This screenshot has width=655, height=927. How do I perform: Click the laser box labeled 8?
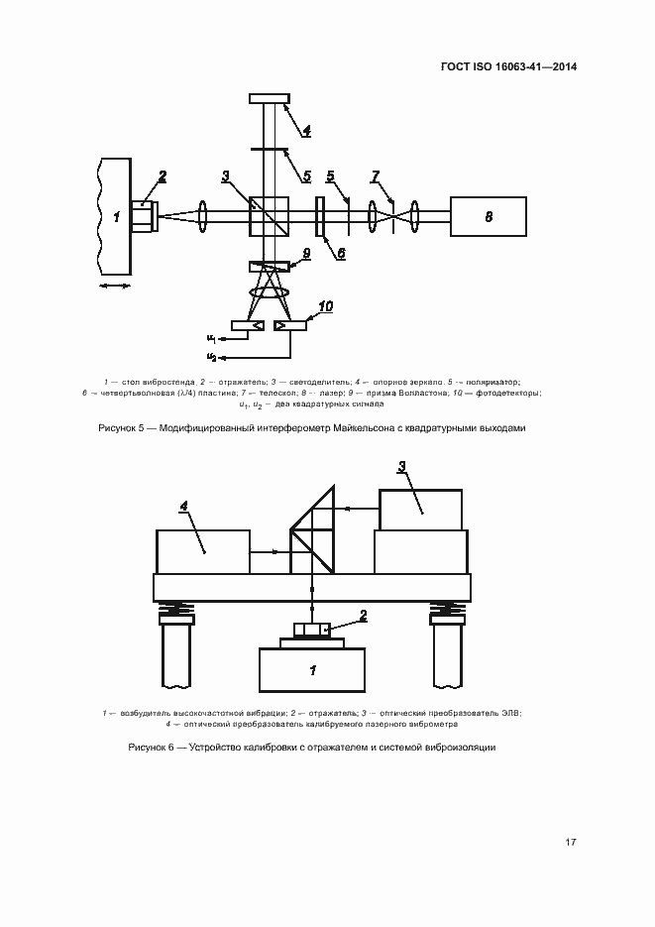(488, 216)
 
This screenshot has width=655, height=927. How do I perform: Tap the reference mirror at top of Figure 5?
(270, 98)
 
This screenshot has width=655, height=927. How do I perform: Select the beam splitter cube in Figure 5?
(270, 216)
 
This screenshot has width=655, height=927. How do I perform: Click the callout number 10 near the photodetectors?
(325, 306)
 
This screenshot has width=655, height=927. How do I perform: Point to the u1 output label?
(211, 339)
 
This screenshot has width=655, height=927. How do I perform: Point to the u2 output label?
(211, 357)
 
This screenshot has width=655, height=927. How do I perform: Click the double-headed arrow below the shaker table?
(115, 287)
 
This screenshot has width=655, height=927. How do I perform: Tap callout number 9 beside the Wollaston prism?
(306, 253)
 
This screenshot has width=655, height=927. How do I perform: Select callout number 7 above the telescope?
(376, 176)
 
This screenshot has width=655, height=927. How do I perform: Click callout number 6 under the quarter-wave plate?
(341, 253)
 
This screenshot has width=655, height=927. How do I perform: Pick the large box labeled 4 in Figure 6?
(202, 551)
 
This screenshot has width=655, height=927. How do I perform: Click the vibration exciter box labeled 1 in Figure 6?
(311, 670)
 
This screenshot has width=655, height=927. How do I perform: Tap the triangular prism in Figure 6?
(312, 529)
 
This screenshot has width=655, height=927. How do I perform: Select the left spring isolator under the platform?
(176, 609)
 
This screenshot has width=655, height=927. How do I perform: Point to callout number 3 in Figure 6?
(401, 467)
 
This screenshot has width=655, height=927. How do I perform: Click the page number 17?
(571, 842)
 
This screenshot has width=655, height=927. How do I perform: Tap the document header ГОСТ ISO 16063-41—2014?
(508, 66)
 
